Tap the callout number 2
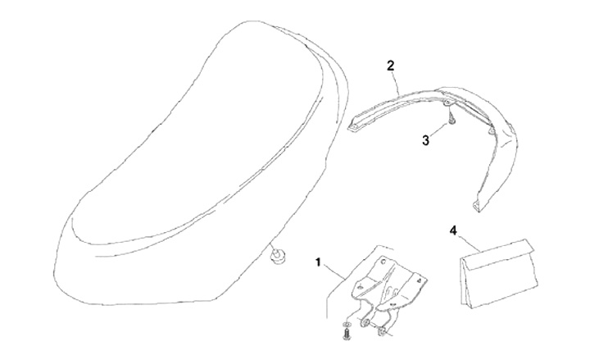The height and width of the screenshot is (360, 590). point(392,64)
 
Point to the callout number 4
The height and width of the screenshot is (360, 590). point(453,231)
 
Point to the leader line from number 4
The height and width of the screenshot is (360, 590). point(470,244)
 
